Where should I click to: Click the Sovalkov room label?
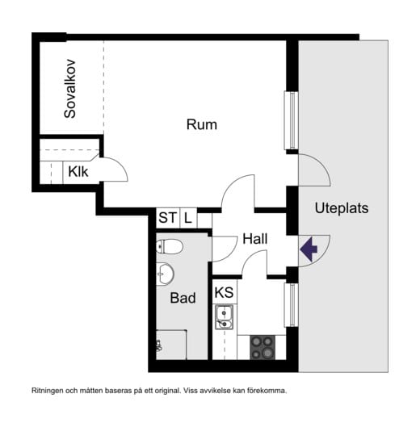coord(70,89)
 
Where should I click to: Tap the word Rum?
coord(202,124)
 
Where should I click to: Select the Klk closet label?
coord(78,171)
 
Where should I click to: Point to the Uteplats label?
coord(341,207)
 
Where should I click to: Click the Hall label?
coord(255,239)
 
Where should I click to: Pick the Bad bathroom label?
coord(183,298)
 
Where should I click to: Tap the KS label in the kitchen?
coord(224,291)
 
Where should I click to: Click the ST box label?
coord(167,217)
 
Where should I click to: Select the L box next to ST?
coord(187,217)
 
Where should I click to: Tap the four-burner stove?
coord(262,347)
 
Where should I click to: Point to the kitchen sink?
coord(224,318)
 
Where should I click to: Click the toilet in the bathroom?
coord(170,245)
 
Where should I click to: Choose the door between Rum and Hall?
coord(239,194)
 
